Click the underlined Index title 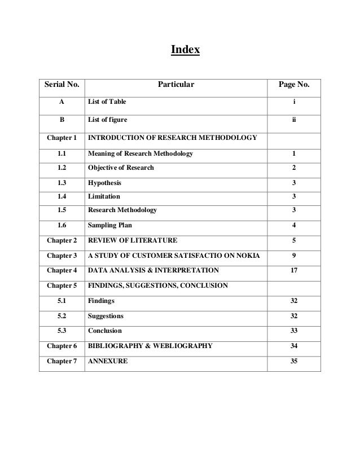185,51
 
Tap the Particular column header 175,85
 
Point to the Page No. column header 294,85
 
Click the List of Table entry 107,102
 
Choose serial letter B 62,120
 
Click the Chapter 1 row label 62,138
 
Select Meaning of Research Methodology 141,153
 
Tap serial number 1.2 62,168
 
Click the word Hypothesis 104,183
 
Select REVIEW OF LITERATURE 133,240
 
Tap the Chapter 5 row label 62,285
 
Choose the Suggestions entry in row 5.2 106,315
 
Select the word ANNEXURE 108,361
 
